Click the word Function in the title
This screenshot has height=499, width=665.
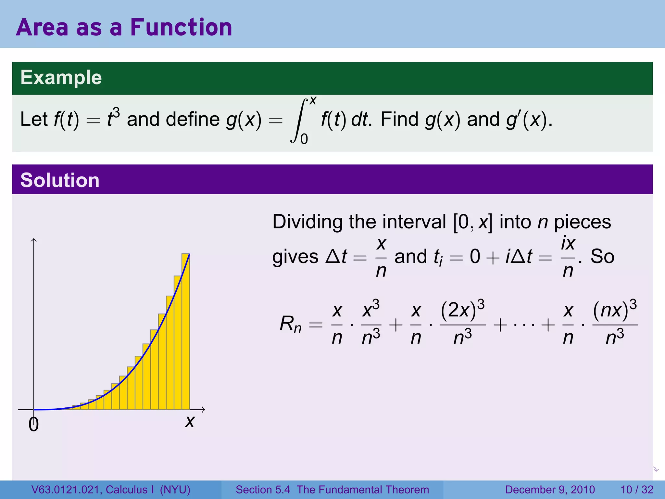point(181,27)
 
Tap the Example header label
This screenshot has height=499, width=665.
point(61,78)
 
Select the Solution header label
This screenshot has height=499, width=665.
point(60,180)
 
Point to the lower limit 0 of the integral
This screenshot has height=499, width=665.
point(304,139)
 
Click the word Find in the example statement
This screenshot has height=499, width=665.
point(399,119)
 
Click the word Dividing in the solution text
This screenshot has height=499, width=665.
point(307,222)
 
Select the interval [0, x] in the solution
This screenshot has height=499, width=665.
point(472,222)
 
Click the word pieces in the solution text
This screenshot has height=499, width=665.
point(583,222)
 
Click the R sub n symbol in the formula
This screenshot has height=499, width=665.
point(290,324)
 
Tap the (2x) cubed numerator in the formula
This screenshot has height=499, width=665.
point(462,309)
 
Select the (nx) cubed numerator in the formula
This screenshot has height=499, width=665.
point(615,309)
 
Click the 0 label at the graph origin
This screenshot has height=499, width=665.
point(33,425)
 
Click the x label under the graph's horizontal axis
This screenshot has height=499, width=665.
point(190,422)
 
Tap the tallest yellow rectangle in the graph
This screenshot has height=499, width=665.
point(186,331)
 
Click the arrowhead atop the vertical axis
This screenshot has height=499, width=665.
point(34,240)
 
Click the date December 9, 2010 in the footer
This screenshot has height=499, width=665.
point(550,490)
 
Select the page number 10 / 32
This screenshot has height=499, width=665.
point(637,490)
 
